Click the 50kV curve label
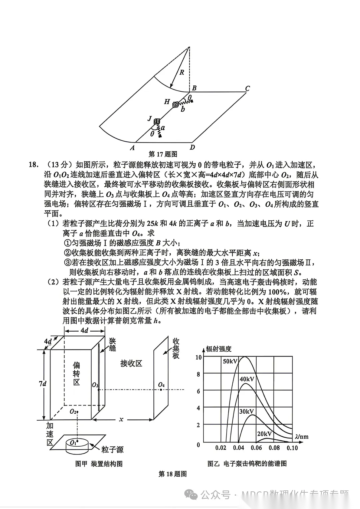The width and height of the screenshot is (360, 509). tap(230, 361)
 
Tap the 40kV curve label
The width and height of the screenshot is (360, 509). tap(247, 379)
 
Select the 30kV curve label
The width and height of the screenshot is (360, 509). tap(247, 411)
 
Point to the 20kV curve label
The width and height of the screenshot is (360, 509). tap(264, 434)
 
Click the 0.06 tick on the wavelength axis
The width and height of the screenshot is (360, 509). tap(256, 448)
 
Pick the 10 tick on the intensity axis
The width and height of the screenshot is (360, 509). tap(198, 357)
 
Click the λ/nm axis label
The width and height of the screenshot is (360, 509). tap(302, 436)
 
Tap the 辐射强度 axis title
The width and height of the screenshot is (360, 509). tap(219, 349)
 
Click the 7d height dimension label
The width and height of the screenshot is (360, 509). tap(42, 384)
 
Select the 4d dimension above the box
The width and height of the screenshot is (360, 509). tap(84, 331)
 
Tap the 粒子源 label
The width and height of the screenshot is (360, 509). tap(113, 450)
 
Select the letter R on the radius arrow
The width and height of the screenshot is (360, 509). tap(182, 72)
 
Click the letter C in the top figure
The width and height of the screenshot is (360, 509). tap(247, 89)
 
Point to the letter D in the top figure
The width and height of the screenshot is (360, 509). tap(192, 147)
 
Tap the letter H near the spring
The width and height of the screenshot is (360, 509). tap(167, 102)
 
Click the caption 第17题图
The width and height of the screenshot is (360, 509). tap(163, 154)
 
